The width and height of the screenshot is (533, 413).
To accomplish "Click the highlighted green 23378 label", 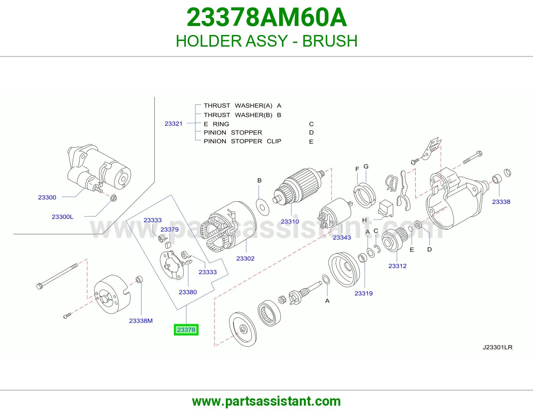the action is tap(186, 330).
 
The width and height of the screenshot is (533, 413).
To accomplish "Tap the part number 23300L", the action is tap(62, 217).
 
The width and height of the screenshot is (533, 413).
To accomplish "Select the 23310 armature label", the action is tap(290, 221).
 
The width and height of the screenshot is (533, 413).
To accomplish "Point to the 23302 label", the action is tap(245, 258).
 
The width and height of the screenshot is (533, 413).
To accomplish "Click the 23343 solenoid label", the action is tap(342, 237).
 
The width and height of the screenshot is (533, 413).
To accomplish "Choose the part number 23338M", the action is tap(141, 320).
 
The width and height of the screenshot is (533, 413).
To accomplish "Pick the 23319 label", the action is tap(363, 293).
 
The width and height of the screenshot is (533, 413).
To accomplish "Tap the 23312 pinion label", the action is tap(397, 266).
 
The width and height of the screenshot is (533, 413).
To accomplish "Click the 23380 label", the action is tap(188, 292).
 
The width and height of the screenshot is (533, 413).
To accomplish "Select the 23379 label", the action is tap(170, 229).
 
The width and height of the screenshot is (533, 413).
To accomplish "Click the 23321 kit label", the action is tap(174, 124).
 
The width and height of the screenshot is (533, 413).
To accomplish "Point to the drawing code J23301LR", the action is tap(498, 347).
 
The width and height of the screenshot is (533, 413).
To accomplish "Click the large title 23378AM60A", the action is tap(266, 17).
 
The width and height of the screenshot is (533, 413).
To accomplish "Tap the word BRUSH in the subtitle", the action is tap(330, 41).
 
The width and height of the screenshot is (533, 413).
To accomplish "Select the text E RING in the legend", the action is tap(216, 124).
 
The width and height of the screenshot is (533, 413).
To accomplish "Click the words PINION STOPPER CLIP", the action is tap(242, 141).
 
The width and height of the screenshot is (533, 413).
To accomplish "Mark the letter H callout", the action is tap(364, 220).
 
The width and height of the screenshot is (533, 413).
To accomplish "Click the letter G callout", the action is tap(366, 166).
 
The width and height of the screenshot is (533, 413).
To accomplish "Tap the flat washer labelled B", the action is tap(263, 207).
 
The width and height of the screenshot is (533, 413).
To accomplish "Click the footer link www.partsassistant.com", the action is tap(266, 401).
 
